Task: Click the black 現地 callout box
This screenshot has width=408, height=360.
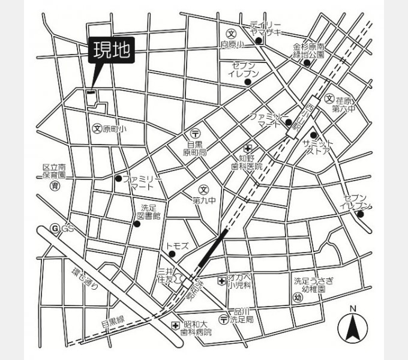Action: [x=112, y=51]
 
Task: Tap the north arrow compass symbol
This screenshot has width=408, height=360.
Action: [x=353, y=327]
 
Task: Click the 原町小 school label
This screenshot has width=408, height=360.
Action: [x=115, y=128]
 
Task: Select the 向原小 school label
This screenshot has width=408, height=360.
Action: [x=232, y=44]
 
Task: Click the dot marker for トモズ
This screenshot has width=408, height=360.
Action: [x=173, y=254]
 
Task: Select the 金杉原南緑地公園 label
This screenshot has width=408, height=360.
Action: [x=309, y=50]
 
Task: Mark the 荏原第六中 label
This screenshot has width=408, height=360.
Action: [x=343, y=105]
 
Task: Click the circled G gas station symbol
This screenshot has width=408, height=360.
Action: [x=55, y=229]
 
